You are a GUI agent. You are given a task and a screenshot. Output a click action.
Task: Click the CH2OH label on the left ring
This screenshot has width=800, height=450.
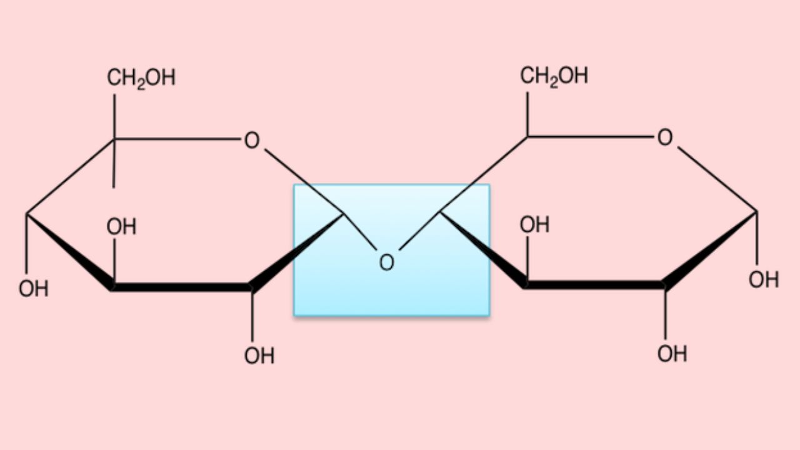tap(141, 78)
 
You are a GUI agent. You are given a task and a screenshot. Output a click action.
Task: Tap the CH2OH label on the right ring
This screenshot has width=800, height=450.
tap(554, 76)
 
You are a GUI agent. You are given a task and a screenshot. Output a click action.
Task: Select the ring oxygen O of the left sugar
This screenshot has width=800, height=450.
tap(251, 141)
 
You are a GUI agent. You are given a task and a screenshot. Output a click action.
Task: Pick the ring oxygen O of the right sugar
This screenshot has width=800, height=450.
tap(665, 138)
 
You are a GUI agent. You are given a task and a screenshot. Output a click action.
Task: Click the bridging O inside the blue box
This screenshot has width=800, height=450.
tap(387, 262)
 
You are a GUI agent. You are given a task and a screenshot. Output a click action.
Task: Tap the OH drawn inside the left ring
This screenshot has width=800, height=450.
tap(121, 227)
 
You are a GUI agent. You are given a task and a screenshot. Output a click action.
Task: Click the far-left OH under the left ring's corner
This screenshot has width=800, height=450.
tap(33, 289)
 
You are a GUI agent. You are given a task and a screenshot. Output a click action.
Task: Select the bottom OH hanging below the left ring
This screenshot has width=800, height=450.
tap(259, 356)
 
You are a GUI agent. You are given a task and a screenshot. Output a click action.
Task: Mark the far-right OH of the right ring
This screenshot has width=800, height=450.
tap(764, 279)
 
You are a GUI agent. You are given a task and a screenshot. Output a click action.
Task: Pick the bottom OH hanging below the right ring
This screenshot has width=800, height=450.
tap(672, 354)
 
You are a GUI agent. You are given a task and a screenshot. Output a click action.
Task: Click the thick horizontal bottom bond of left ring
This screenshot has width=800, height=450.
tap(181, 287)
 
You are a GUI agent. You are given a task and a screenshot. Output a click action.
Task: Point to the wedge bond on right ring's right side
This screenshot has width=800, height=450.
tap(709, 250)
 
